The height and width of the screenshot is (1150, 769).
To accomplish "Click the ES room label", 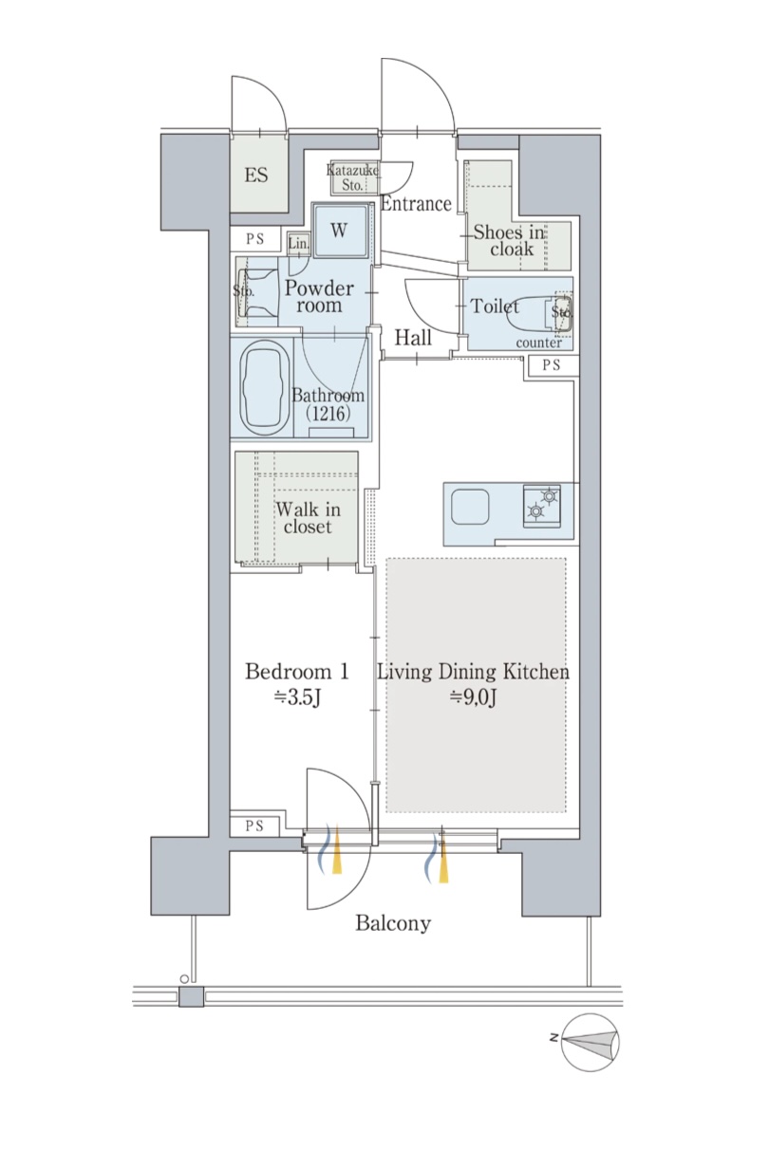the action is pos(256,176).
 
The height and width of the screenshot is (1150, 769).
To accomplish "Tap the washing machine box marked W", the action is pos(341,230).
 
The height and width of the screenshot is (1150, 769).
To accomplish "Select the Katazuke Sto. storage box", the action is pos(354,177).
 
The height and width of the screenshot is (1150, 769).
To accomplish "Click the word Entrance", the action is pos(416,204).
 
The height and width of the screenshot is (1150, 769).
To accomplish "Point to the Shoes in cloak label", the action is pos(508,240).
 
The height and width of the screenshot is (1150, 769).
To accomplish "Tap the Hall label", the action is pos(413,337).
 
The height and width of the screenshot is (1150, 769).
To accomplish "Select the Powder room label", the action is pos(319,296).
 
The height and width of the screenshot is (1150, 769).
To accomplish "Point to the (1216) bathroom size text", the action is pos(328,414).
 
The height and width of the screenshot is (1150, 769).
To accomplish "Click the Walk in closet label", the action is pos(309,517).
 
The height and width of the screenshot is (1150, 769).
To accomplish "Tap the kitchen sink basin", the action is pos(470,507).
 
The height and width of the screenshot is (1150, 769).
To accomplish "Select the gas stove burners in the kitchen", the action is pos(542,506).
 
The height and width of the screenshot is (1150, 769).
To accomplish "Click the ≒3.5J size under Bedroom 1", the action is pos(297,697).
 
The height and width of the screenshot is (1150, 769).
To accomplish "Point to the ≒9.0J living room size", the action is pos(473,697).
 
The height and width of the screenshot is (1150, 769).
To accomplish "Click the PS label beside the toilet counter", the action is pos(552,365).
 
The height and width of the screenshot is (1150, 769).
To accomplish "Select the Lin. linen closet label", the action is pos(298,244).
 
